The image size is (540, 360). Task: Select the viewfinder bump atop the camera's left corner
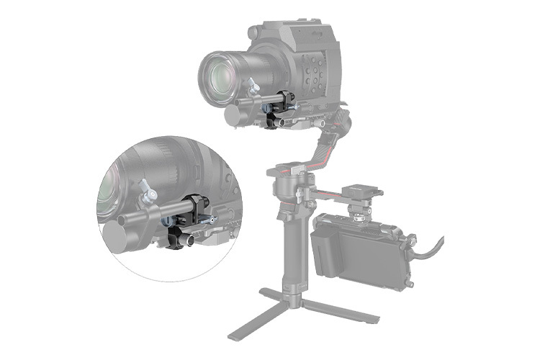[259, 33]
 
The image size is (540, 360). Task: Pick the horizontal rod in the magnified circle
[151, 216]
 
